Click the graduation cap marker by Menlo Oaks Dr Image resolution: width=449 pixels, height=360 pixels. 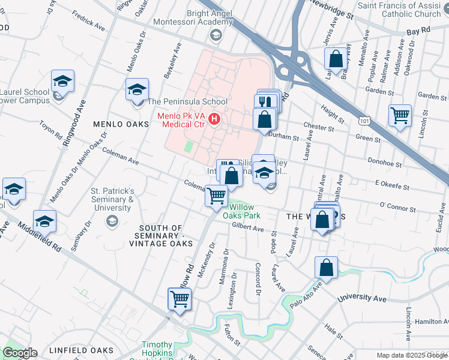click(137, 90)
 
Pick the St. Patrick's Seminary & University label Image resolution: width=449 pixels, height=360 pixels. click(112, 200)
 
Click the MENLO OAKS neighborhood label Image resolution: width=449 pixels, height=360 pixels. click(121, 124)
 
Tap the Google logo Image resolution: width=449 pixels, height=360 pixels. click(19, 353)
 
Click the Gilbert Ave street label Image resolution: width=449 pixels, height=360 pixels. click(248, 228)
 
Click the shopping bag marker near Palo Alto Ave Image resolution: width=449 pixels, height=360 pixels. click(326, 268)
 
